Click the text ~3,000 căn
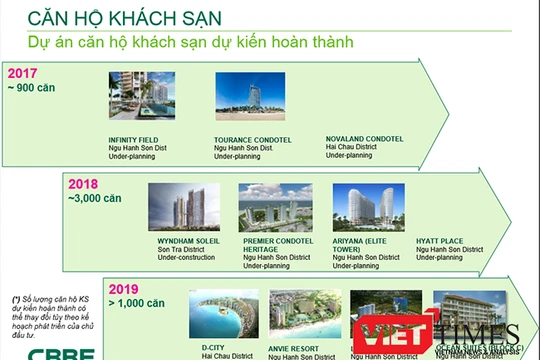pyautogui.click(x=95, y=198)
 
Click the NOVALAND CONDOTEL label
pyautogui.click(x=364, y=139)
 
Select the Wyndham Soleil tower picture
pyautogui.click(x=183, y=208)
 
